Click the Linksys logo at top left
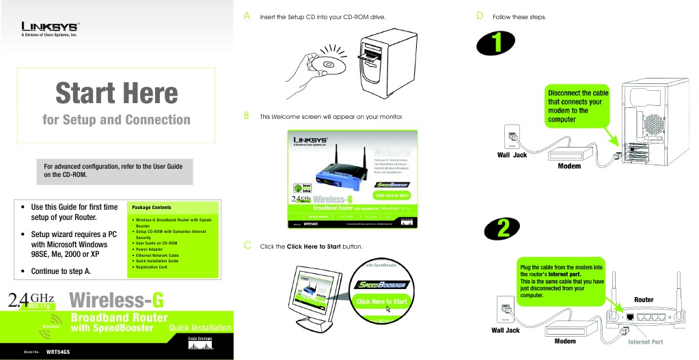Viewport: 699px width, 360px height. [50, 27]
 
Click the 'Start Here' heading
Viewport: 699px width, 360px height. [116, 93]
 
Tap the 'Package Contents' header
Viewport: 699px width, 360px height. [152, 207]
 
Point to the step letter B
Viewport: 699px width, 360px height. [247, 115]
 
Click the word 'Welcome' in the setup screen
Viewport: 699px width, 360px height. [392, 152]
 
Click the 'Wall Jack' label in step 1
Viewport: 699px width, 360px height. [512, 155]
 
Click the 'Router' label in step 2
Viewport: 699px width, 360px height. [644, 300]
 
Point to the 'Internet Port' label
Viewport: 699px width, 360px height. [645, 342]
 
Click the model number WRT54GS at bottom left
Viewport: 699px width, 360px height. [57, 352]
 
